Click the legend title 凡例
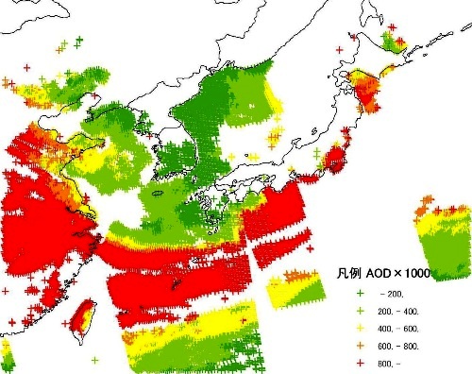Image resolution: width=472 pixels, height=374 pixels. pyautogui.click(x=348, y=273)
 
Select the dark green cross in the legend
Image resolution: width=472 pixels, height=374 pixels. pyautogui.click(x=361, y=294)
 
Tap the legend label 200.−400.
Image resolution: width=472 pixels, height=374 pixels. pyautogui.click(x=400, y=310)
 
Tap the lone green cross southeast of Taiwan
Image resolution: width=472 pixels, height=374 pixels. pyautogui.click(x=94, y=359)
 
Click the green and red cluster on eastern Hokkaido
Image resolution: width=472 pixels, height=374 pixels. pyautogui.click(x=392, y=42)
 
